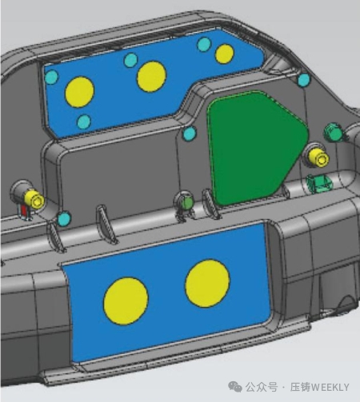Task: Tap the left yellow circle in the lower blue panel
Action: [126, 301]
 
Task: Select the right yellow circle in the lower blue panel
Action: [207, 283]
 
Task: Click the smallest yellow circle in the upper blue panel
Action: [225, 54]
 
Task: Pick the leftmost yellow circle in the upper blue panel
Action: [80, 92]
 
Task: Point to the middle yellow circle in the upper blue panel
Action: [151, 77]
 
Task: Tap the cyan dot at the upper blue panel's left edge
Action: [51, 77]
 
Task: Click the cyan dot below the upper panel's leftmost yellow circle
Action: [84, 121]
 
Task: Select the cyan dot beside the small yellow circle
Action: [204, 44]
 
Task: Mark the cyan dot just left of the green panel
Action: [190, 133]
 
